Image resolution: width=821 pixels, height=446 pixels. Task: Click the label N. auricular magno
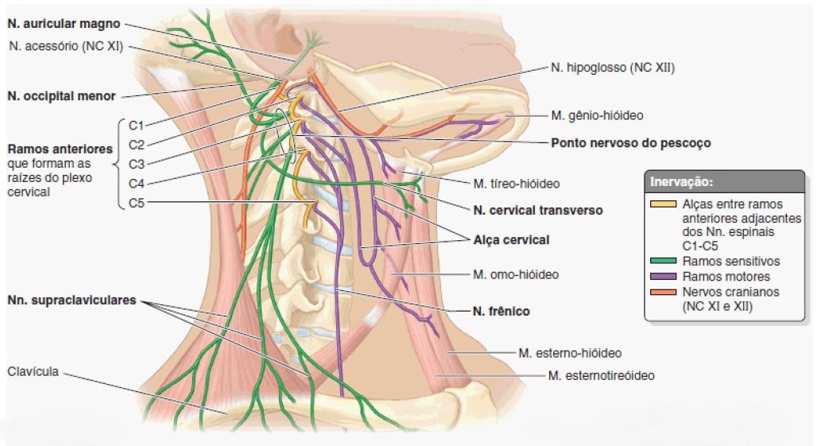click(64, 24)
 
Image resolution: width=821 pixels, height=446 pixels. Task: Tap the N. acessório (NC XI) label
click(66, 46)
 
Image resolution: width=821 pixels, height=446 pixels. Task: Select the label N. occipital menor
click(61, 96)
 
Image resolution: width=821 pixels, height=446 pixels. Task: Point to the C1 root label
click(136, 126)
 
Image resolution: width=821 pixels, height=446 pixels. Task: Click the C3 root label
click(136, 165)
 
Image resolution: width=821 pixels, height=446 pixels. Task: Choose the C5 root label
click(136, 203)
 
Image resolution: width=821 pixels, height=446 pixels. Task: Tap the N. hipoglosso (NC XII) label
click(613, 68)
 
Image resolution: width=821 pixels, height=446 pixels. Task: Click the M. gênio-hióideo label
click(597, 116)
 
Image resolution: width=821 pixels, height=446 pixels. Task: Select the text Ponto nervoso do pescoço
click(631, 143)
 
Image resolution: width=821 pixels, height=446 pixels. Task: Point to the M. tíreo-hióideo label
click(517, 184)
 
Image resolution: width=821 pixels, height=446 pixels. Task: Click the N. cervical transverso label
click(538, 211)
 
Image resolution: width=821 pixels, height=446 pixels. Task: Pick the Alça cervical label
click(511, 240)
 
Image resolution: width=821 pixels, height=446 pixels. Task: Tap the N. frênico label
click(501, 312)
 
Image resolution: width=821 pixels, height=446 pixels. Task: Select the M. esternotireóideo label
click(601, 376)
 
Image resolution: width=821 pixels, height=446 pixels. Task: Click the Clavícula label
click(33, 372)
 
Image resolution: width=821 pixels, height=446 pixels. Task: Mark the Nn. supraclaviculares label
click(72, 301)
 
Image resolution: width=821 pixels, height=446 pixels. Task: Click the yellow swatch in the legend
click(663, 204)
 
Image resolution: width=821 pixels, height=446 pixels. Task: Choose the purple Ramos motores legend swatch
click(663, 277)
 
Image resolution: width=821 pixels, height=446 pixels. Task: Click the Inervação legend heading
click(681, 182)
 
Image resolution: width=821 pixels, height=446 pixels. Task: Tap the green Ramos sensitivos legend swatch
click(663, 262)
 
